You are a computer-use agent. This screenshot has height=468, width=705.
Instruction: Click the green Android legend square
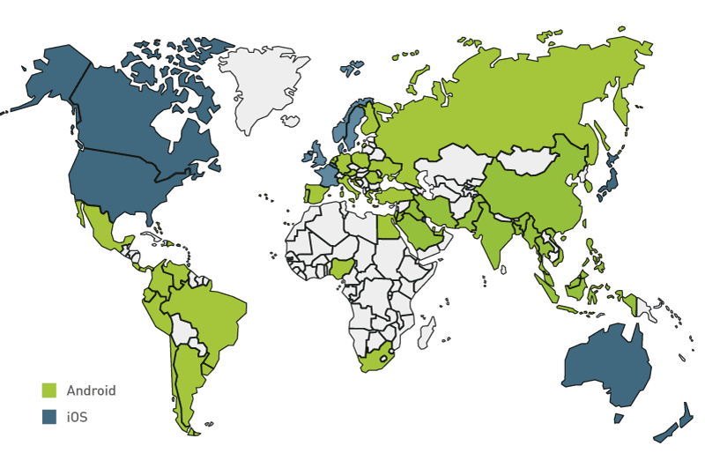49,390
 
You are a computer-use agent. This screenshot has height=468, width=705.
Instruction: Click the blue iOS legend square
49,416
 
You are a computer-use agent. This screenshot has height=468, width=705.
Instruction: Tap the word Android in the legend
91,390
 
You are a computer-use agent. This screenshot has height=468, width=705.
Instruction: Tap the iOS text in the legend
77,416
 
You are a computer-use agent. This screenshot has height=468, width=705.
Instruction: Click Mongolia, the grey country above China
529,161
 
